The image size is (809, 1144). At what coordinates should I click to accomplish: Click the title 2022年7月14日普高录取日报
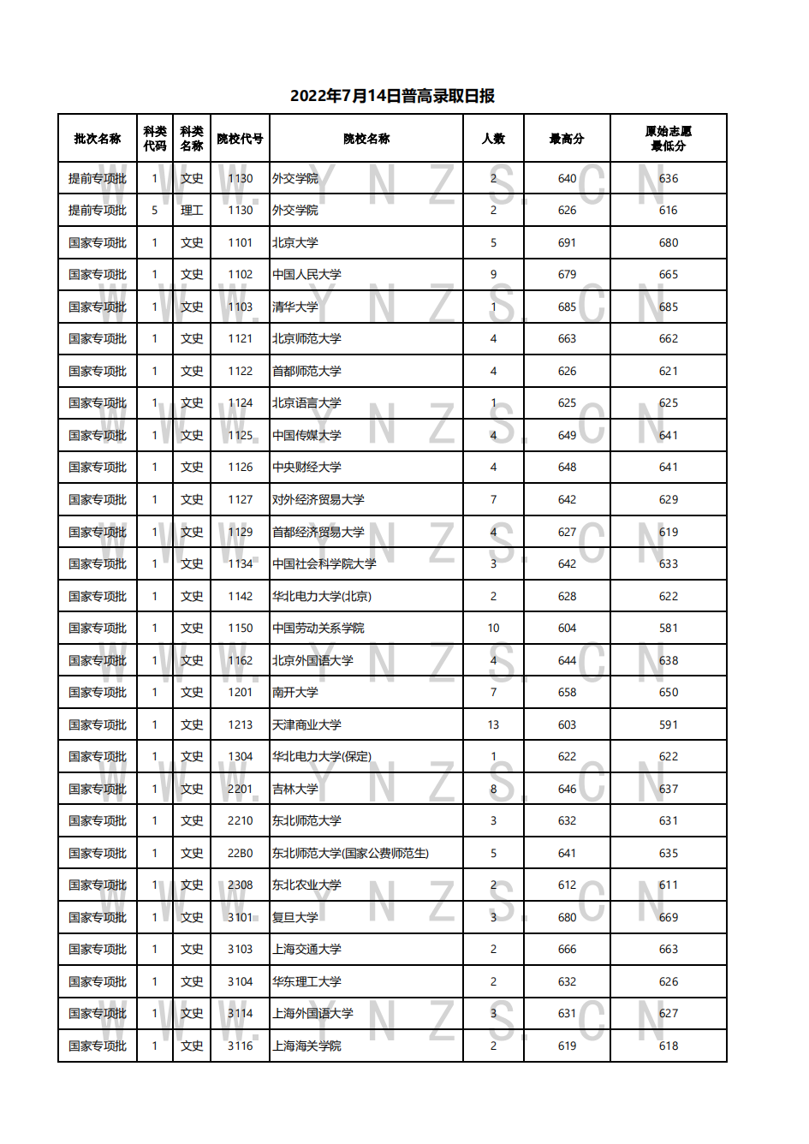(x=392, y=96)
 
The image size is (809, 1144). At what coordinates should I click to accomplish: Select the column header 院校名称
(x=366, y=139)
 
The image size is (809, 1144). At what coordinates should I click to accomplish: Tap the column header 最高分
(x=567, y=139)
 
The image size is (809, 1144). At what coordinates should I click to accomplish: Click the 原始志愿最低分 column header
(x=669, y=139)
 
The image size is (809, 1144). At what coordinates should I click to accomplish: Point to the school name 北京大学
(x=295, y=243)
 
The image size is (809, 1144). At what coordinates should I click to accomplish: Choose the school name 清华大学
(x=295, y=307)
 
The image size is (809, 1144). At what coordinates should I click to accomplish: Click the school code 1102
(x=241, y=275)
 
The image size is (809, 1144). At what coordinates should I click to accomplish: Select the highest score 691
(x=567, y=243)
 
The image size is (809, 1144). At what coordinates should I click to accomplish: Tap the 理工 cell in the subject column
(x=192, y=211)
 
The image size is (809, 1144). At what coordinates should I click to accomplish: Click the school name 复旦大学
(x=295, y=918)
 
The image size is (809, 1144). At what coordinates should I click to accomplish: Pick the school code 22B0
(x=241, y=854)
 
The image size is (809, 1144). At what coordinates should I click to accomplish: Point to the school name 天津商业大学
(x=306, y=725)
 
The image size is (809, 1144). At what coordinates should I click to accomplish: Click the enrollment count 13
(x=493, y=725)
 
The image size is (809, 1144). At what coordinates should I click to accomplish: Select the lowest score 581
(x=669, y=629)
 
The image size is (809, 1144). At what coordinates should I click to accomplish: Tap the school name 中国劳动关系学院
(x=318, y=629)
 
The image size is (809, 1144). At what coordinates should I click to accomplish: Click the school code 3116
(x=241, y=1046)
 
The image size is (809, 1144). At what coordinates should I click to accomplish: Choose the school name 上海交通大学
(x=306, y=950)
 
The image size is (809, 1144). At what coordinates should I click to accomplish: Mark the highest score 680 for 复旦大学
(x=567, y=918)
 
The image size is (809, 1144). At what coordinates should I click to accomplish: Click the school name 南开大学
(x=295, y=693)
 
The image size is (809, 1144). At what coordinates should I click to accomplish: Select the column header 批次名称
(x=98, y=139)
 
